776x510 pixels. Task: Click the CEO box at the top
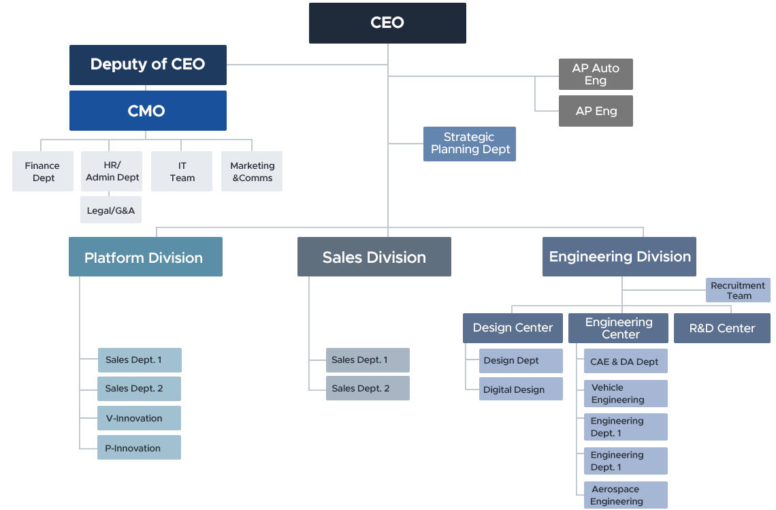387,23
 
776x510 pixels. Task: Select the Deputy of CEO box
148,65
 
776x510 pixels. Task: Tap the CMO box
148,110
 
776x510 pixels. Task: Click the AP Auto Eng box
596,74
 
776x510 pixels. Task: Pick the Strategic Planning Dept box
470,144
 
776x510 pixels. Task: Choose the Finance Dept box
43,172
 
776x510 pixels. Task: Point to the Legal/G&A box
111,210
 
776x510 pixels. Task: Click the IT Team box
182,172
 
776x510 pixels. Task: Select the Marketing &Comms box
252,172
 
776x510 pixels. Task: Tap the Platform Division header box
145,257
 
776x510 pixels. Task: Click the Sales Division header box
374,257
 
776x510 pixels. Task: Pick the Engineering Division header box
619,257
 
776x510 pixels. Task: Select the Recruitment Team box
738,290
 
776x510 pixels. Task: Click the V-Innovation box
139,418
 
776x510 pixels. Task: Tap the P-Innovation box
139,448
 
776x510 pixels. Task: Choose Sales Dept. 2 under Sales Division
368,388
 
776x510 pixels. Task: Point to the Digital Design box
521,389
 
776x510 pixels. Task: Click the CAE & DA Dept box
626,362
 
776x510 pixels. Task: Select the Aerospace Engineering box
626,495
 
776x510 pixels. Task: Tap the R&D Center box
722,328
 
